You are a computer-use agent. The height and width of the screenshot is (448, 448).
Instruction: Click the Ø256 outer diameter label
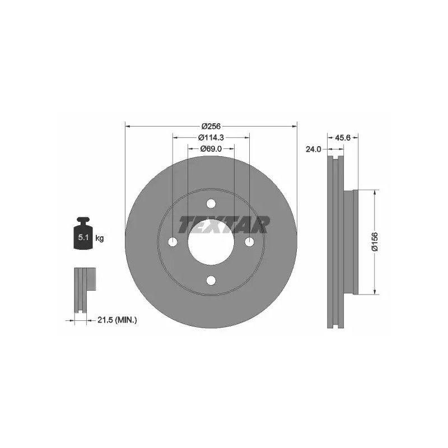[211, 125]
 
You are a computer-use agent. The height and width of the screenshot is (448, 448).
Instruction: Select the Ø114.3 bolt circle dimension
[211, 137]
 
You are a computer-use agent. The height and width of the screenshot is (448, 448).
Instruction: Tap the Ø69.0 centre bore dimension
[211, 148]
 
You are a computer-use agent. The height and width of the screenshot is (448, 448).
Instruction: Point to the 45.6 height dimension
[343, 138]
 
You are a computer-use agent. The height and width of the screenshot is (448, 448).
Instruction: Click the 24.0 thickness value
[314, 149]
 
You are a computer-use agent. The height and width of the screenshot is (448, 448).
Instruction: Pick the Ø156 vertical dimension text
[375, 242]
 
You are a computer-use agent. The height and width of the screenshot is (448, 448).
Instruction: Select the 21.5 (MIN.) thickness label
[117, 320]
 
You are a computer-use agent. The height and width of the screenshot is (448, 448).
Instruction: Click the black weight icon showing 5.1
[83, 234]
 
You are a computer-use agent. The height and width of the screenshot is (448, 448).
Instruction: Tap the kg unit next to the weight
[100, 238]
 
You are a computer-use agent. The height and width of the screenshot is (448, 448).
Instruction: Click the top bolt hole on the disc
[211, 204]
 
